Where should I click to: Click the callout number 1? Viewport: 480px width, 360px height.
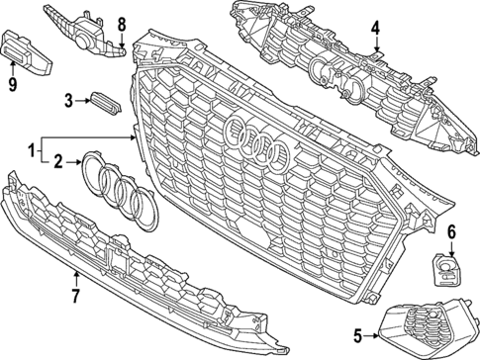pos(33,151)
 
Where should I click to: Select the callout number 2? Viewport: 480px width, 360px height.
pos(58,160)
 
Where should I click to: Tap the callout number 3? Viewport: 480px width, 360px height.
pos(69,99)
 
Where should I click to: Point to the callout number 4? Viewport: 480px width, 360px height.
pos(376,28)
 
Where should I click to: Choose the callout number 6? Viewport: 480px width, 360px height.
pos(452,232)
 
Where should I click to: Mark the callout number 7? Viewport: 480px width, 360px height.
pos(75,293)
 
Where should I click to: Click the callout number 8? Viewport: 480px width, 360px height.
pos(122,24)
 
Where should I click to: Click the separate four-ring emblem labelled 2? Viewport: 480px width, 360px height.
pos(117,190)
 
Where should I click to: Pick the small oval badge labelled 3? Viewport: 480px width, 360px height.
pos(102,99)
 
